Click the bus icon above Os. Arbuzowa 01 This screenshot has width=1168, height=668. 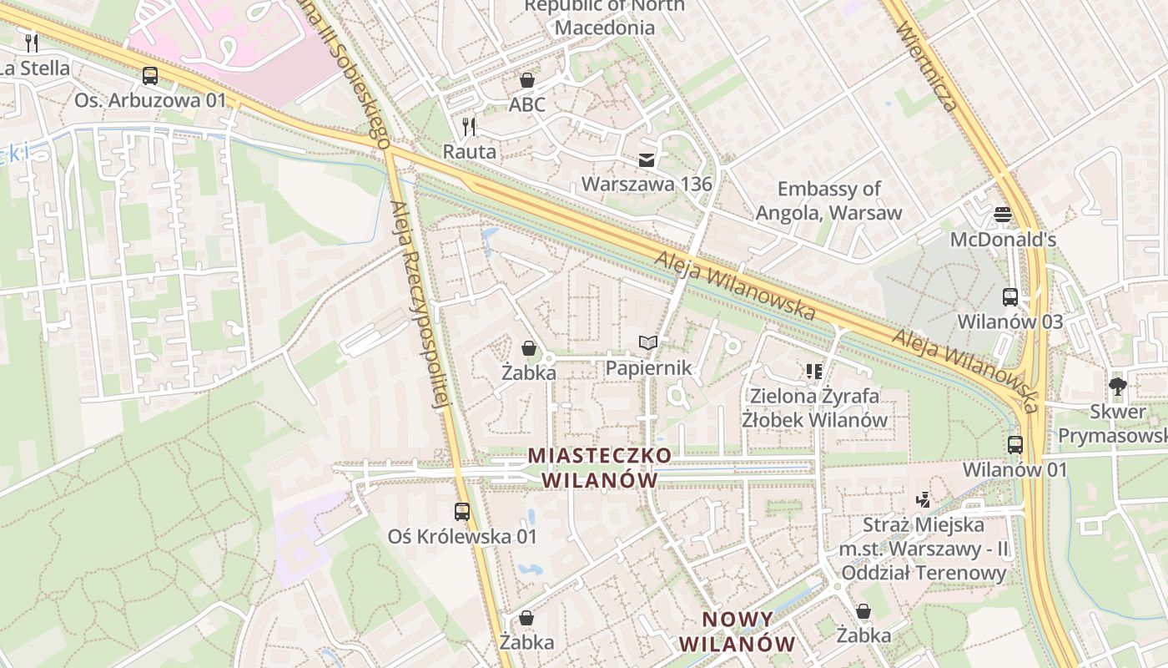pos(150,76)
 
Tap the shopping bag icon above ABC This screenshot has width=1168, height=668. pos(527,80)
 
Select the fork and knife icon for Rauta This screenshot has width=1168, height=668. pos(469,127)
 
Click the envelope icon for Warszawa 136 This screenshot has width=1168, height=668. pos(647,159)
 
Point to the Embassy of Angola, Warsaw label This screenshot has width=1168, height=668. pos(828,200)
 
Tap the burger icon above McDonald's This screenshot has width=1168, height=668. pos(1003,215)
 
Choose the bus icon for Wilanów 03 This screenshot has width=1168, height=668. pos(1009,296)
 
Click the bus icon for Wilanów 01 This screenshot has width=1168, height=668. pos(1014,444)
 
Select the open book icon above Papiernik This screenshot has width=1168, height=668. pos(648,342)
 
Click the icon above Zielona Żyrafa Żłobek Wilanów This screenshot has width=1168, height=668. pos(814,370)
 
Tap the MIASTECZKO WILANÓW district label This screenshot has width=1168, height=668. pos(600,468)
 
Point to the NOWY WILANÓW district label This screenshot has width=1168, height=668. pos(738,631)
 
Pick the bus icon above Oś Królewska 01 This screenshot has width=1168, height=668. pos(462,511)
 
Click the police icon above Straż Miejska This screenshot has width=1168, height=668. pos(923,500)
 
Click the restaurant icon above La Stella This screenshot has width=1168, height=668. pos(32,43)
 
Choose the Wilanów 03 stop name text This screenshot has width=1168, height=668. pos(1009,321)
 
